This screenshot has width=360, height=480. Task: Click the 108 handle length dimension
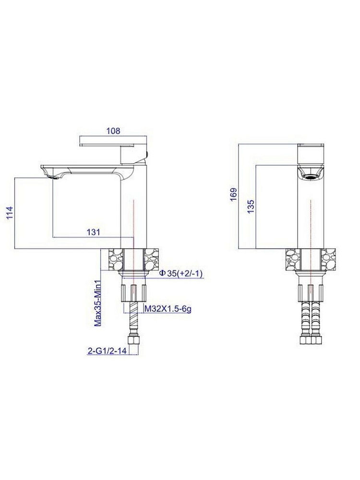[x=113, y=131]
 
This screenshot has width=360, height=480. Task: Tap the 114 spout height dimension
[x=10, y=213]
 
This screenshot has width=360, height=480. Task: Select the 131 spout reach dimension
[x=94, y=232]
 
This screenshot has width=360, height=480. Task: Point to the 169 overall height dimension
[x=234, y=194]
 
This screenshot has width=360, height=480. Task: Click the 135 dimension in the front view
[x=251, y=206]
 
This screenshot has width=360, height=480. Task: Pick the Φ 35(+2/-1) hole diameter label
[x=181, y=274]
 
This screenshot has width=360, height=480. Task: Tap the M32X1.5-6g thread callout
[x=168, y=309]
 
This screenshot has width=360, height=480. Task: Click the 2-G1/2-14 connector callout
[x=107, y=351]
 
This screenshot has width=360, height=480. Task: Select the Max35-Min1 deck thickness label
[x=97, y=303]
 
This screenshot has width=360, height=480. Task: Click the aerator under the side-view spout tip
[x=53, y=177]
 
